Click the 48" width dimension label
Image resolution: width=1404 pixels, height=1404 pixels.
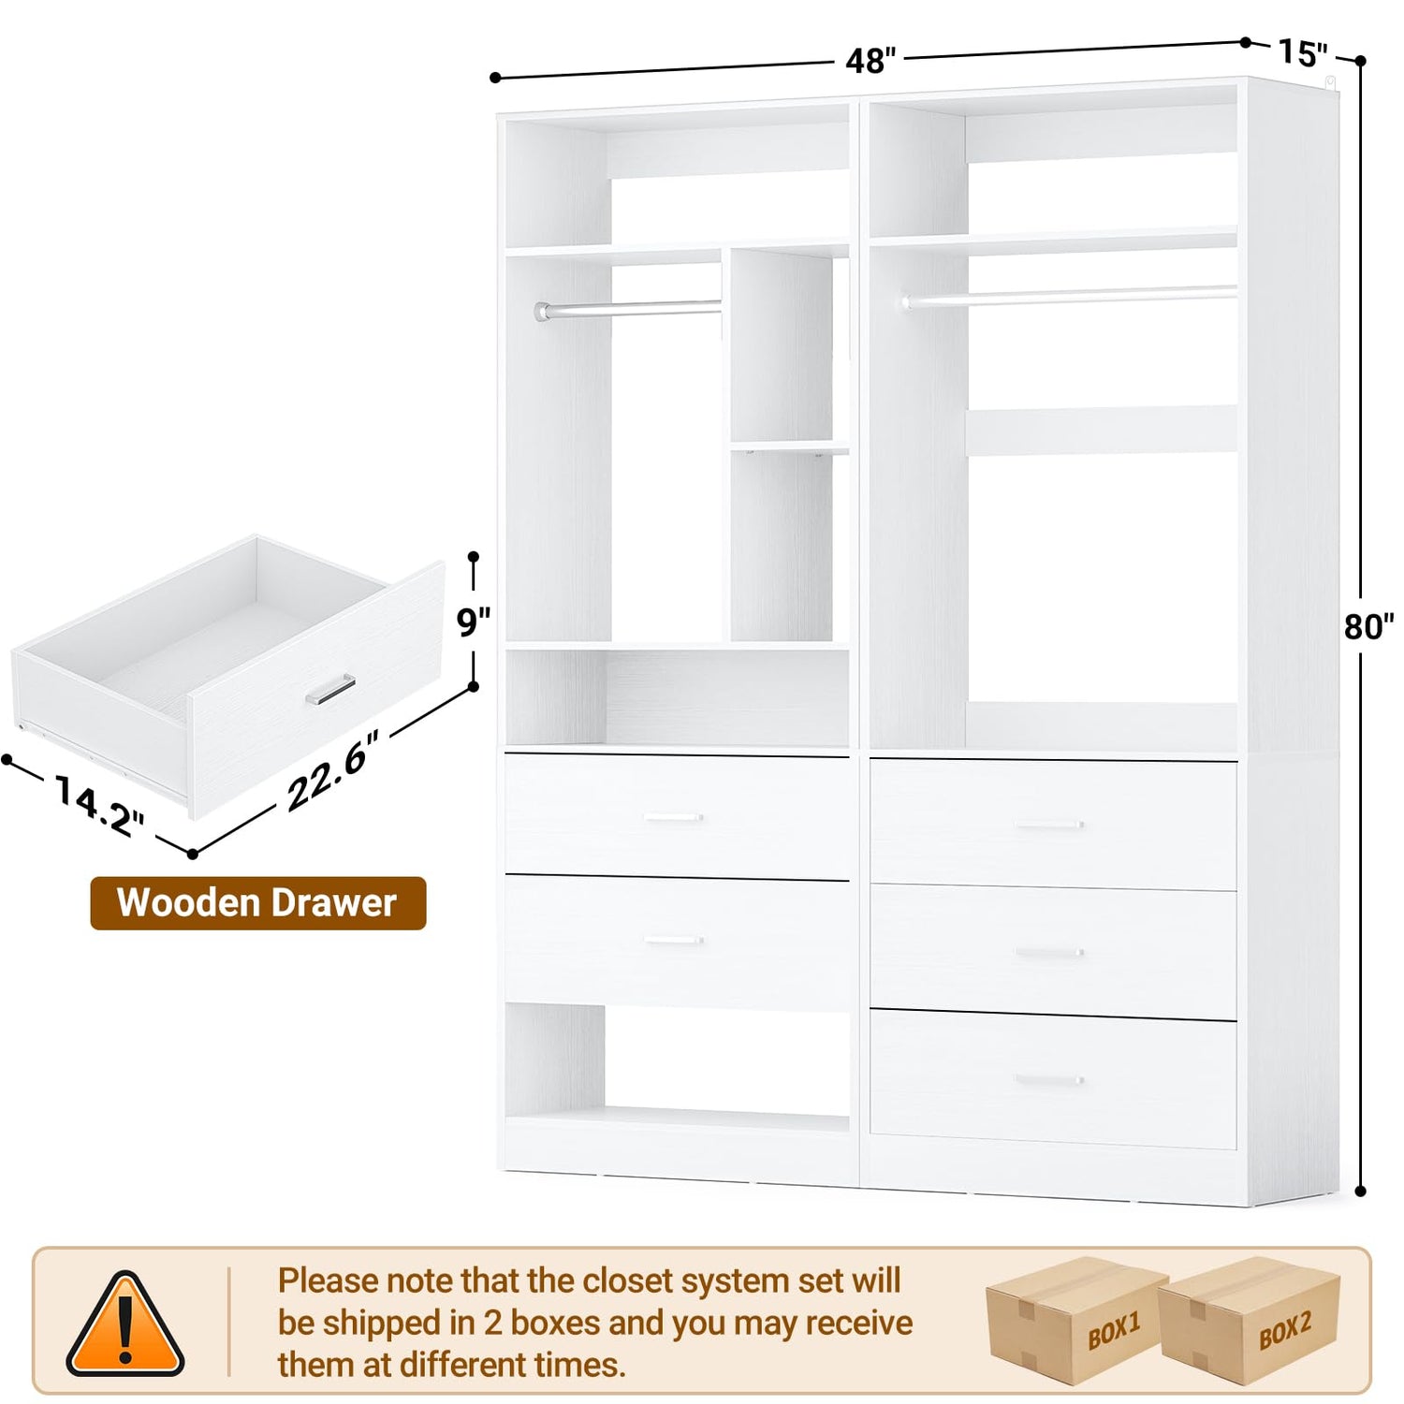click(x=870, y=61)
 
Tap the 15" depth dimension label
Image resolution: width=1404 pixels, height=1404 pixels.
click(x=1303, y=53)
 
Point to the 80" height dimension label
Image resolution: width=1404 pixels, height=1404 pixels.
click(x=1369, y=626)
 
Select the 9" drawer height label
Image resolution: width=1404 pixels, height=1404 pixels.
click(x=474, y=621)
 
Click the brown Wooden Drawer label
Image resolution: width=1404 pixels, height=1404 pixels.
click(x=257, y=903)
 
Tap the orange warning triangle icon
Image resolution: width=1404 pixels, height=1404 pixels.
click(x=124, y=1324)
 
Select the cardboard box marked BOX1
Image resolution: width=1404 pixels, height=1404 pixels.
click(x=1076, y=1320)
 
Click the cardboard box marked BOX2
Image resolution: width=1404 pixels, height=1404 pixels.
click(x=1250, y=1320)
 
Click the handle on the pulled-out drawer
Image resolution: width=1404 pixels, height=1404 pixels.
click(x=330, y=689)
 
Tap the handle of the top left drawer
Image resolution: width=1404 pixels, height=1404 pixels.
click(x=674, y=818)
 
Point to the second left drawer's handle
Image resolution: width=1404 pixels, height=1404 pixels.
click(x=674, y=941)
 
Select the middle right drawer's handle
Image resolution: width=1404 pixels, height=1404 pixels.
click(x=1049, y=953)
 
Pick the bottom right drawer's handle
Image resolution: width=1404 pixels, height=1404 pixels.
click(x=1049, y=1080)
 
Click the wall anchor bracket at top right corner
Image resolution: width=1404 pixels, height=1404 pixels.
click(x=1331, y=85)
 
